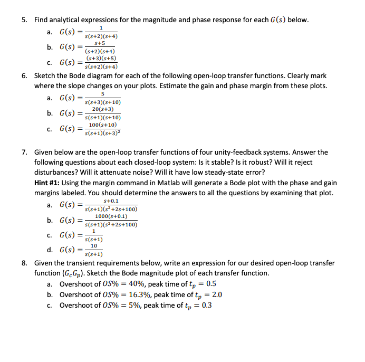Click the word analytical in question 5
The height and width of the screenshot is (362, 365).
[x=65, y=20]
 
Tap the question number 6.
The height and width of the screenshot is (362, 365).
[x=24, y=75]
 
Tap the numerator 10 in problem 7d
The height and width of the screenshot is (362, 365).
[x=93, y=246]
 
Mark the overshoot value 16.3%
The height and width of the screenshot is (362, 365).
[x=141, y=294]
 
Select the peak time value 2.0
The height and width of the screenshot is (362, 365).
[x=216, y=294]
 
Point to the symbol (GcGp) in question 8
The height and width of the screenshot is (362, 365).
[x=75, y=273]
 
